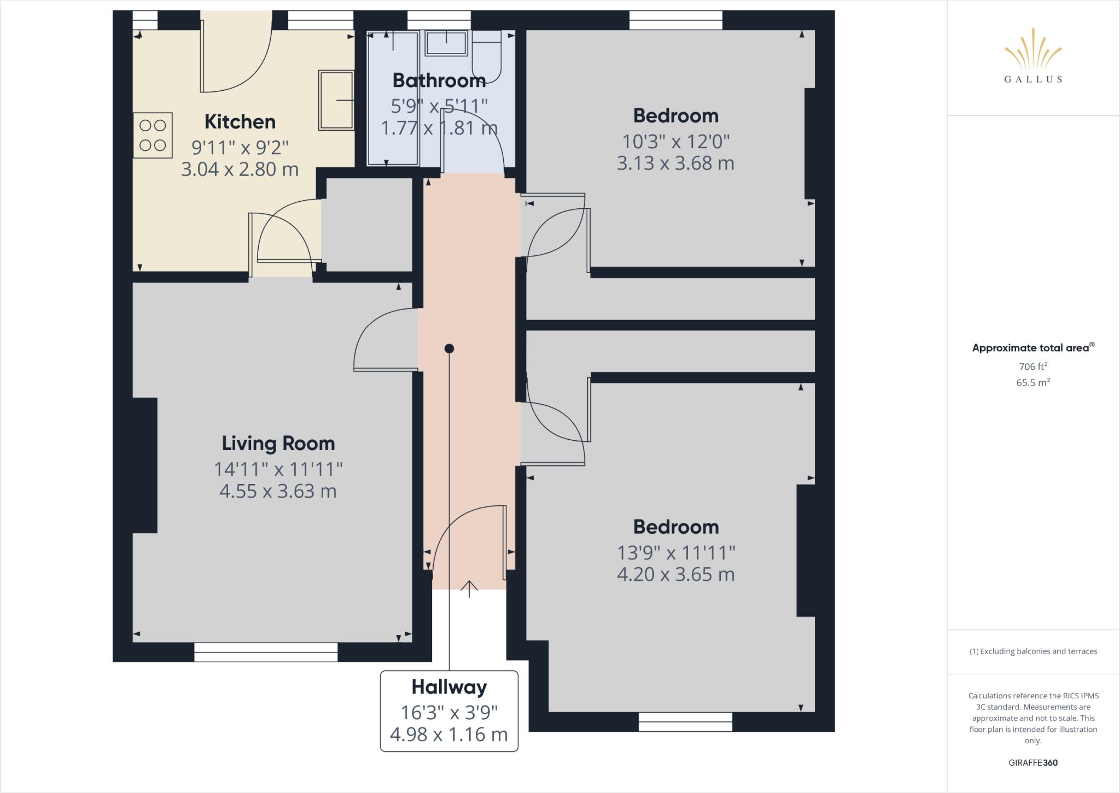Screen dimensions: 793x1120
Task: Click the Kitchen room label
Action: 240,121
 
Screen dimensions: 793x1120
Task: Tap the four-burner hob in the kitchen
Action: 153,135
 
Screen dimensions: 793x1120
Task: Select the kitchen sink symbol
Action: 336,100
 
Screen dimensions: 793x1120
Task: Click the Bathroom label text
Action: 439,80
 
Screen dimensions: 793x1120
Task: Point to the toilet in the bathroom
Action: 487,57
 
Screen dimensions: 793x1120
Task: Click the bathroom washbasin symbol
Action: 446,43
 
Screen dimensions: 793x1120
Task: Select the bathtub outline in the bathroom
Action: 393,98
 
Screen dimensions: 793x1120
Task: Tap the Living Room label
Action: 278,443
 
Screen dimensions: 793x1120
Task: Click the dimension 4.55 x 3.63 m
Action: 278,491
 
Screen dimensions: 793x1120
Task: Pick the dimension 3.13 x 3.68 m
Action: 675,163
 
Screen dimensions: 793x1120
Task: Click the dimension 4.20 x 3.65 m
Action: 675,574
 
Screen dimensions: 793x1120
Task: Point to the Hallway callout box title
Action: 449,687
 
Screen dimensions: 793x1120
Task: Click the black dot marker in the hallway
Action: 449,348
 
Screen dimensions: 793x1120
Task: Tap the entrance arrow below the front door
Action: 469,588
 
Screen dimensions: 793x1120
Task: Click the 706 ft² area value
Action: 1032,366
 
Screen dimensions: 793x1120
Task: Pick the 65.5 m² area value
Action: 1032,383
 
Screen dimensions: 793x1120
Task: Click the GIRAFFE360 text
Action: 1032,763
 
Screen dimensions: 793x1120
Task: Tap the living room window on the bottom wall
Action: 266,652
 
